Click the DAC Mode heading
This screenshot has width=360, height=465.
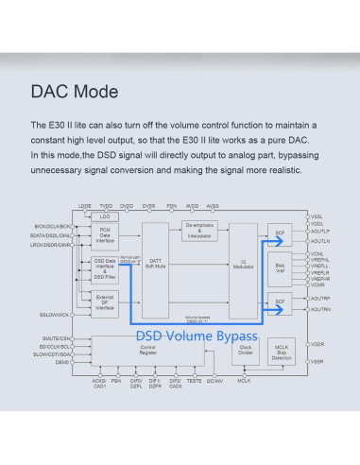(x=75, y=93)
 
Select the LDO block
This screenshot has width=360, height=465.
(x=105, y=216)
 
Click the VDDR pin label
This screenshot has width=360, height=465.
(x=317, y=344)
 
